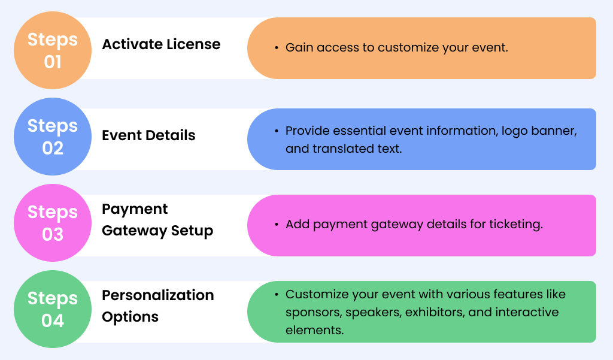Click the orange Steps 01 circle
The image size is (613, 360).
pos(53,50)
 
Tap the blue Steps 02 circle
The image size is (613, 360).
pos(53,137)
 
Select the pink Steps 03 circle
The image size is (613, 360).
pos(53,223)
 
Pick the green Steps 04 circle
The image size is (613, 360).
pos(53,309)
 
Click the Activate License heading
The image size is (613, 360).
pos(161,44)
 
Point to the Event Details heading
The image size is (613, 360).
pos(148,135)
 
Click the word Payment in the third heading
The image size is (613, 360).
pos(135,209)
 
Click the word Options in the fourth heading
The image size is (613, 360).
pos(130,317)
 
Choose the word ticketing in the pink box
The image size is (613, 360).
pos(515,225)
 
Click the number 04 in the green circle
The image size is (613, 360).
pos(53,320)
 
